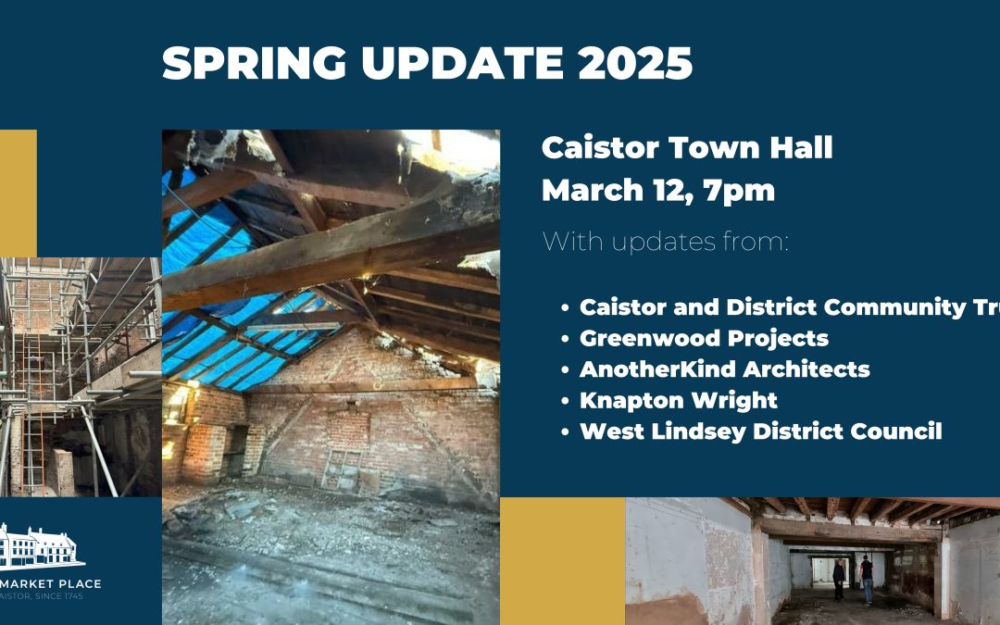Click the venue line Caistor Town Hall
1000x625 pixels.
click(687, 148)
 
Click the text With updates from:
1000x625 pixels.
click(665, 243)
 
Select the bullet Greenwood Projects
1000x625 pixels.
click(704, 338)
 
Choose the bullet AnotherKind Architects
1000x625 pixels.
click(724, 369)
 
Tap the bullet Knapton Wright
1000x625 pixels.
click(678, 400)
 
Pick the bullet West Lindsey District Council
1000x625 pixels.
click(760, 431)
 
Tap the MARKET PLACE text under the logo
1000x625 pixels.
click(51, 583)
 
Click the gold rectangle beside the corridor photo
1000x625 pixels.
click(562, 561)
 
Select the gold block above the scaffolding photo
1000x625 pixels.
click(18, 193)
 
